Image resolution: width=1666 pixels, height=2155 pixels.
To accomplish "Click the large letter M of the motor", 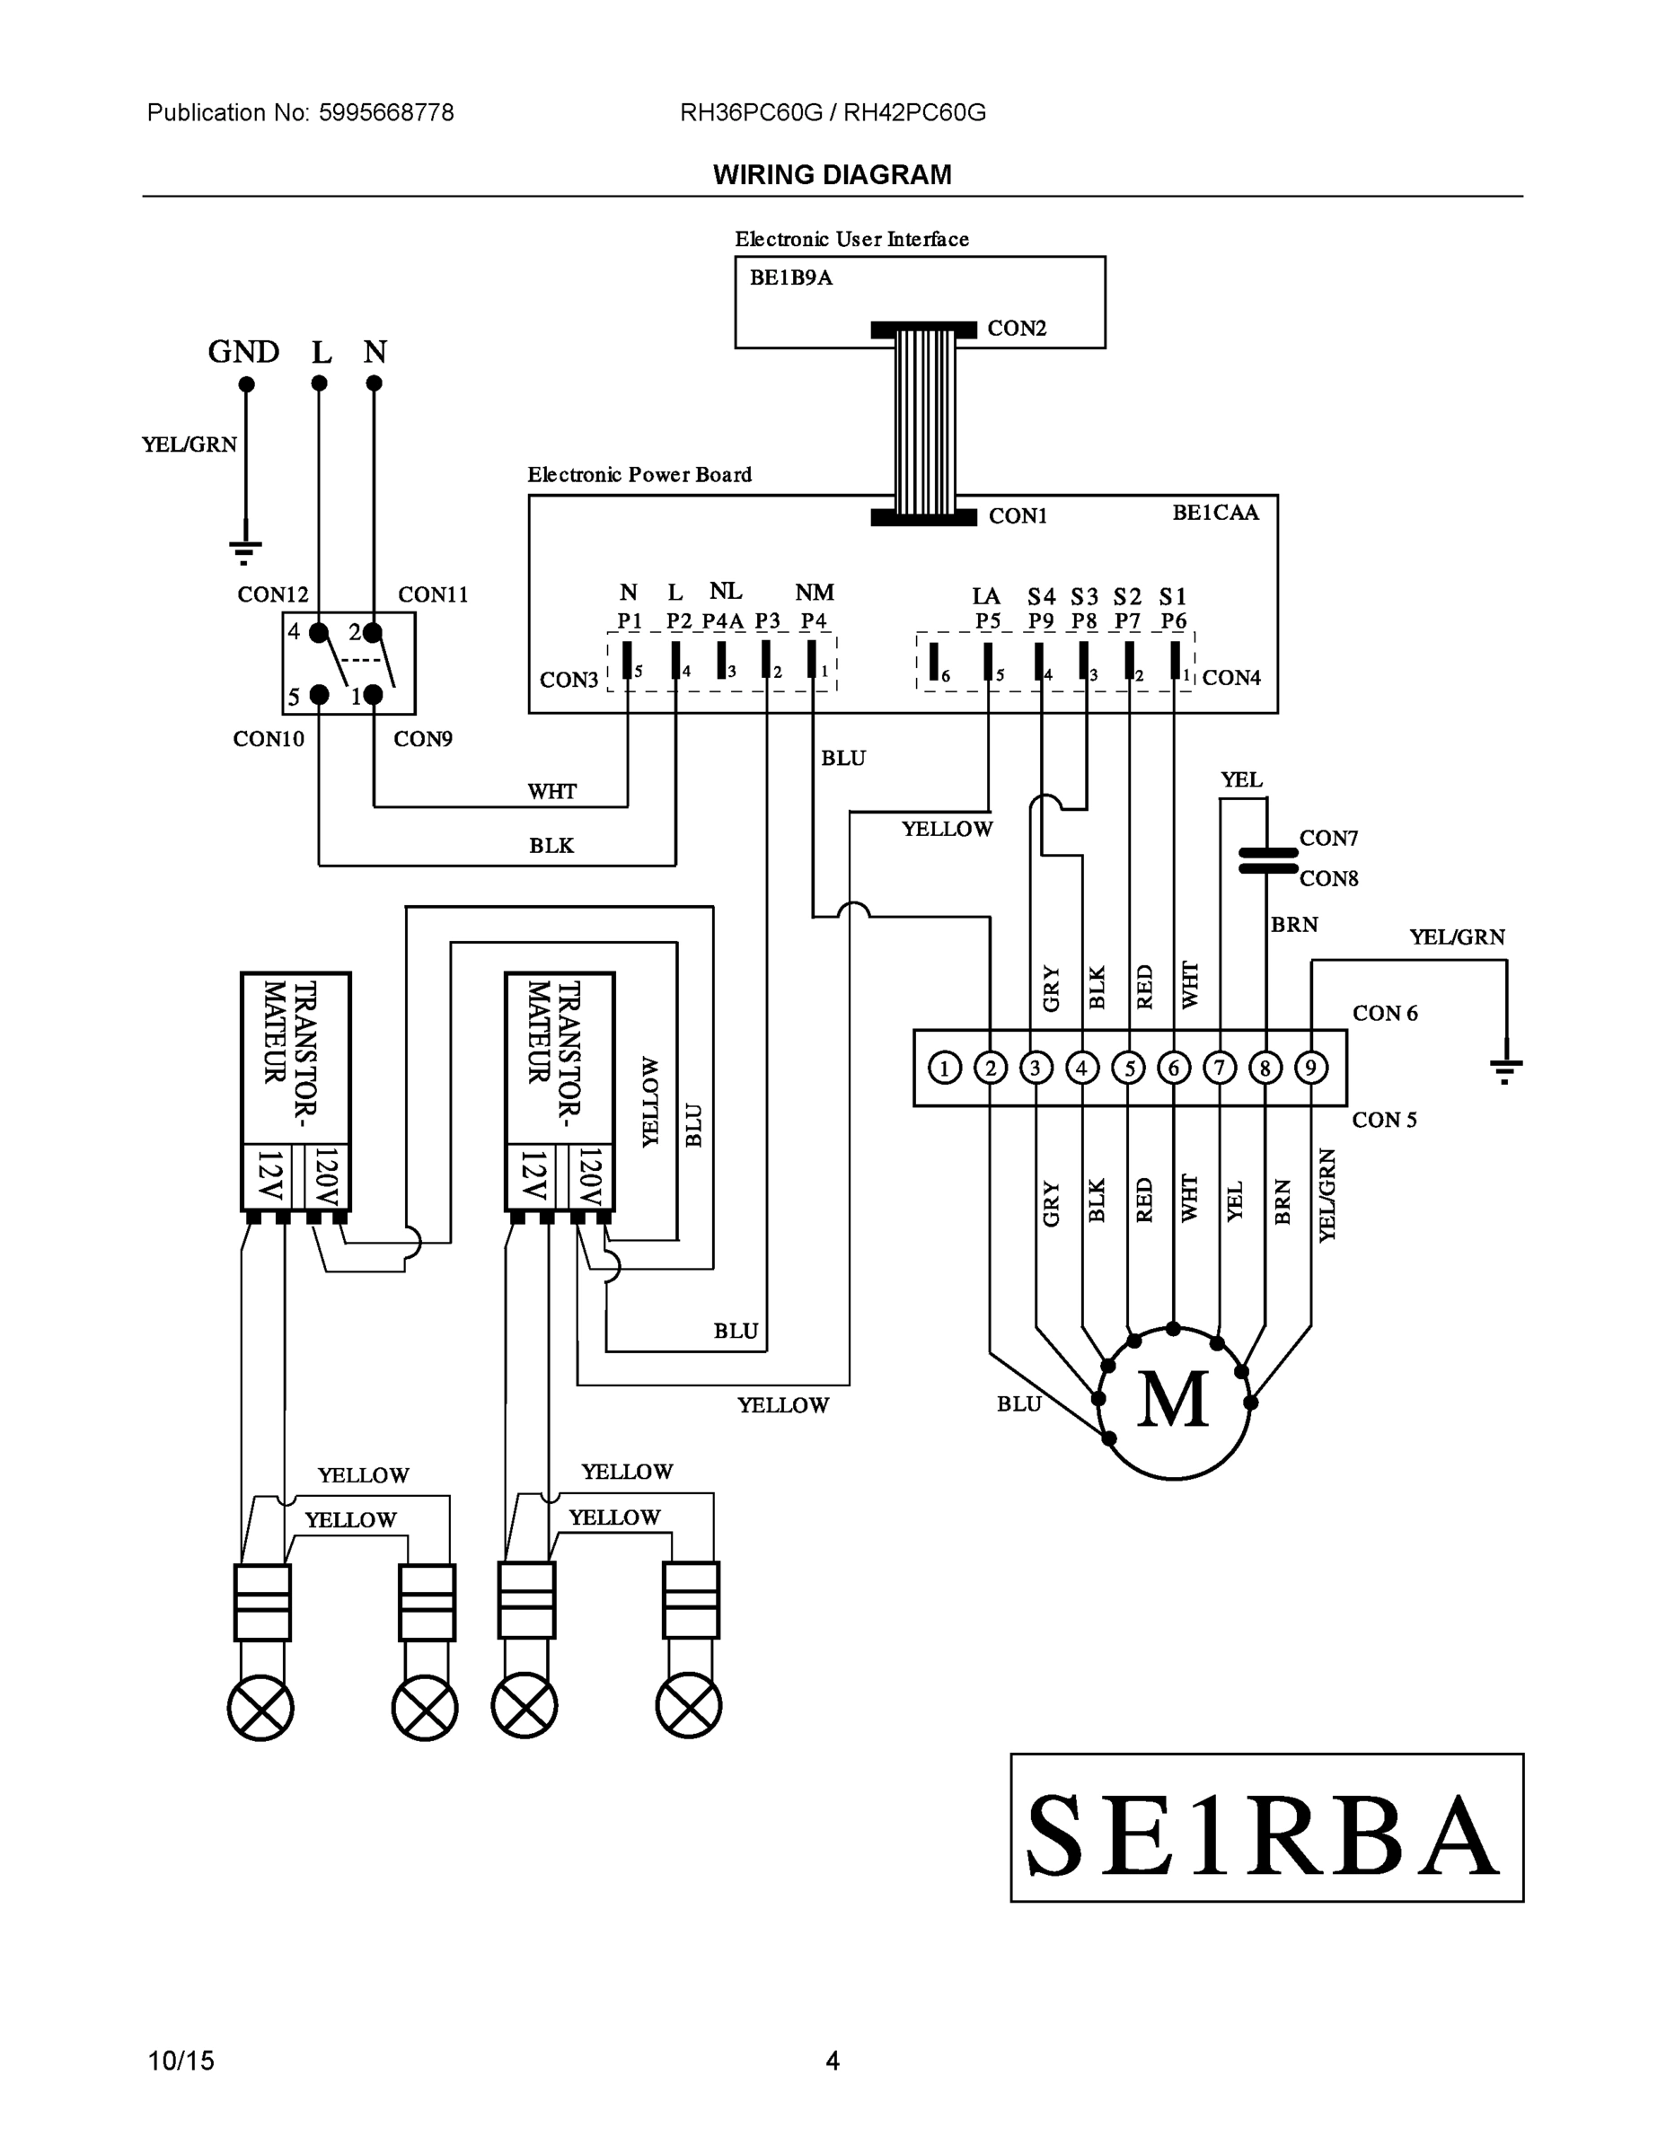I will pyautogui.click(x=1173, y=1400).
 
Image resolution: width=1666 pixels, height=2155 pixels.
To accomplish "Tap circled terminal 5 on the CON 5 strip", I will pyautogui.click(x=1128, y=1068).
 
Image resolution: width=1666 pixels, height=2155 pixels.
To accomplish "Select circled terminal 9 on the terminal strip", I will pyautogui.click(x=1310, y=1068).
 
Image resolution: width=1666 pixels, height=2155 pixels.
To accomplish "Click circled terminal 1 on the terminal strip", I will pyautogui.click(x=945, y=1068).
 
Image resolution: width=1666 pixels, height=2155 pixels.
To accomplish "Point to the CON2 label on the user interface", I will pyautogui.click(x=1017, y=329).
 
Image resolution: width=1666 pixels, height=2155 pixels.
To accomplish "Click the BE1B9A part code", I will pyautogui.click(x=790, y=278).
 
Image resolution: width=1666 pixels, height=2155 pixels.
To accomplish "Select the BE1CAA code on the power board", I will pyautogui.click(x=1215, y=513).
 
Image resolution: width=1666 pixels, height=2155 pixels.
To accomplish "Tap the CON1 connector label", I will pyautogui.click(x=1018, y=516).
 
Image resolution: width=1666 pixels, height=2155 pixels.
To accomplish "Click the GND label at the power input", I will pyautogui.click(x=242, y=352).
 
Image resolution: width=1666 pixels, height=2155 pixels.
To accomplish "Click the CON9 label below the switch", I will pyautogui.click(x=422, y=739).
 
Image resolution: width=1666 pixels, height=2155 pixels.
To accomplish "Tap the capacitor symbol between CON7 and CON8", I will pyautogui.click(x=1267, y=859).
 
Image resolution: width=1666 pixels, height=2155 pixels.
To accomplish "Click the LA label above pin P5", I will pyautogui.click(x=986, y=597).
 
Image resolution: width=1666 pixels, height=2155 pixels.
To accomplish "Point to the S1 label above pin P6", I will pyautogui.click(x=1173, y=597).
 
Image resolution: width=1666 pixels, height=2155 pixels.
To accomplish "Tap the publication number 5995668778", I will pyautogui.click(x=386, y=112).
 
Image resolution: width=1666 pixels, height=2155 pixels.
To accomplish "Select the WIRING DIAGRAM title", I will pyautogui.click(x=832, y=175).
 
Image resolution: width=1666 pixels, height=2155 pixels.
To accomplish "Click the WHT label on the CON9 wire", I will pyautogui.click(x=551, y=791).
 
